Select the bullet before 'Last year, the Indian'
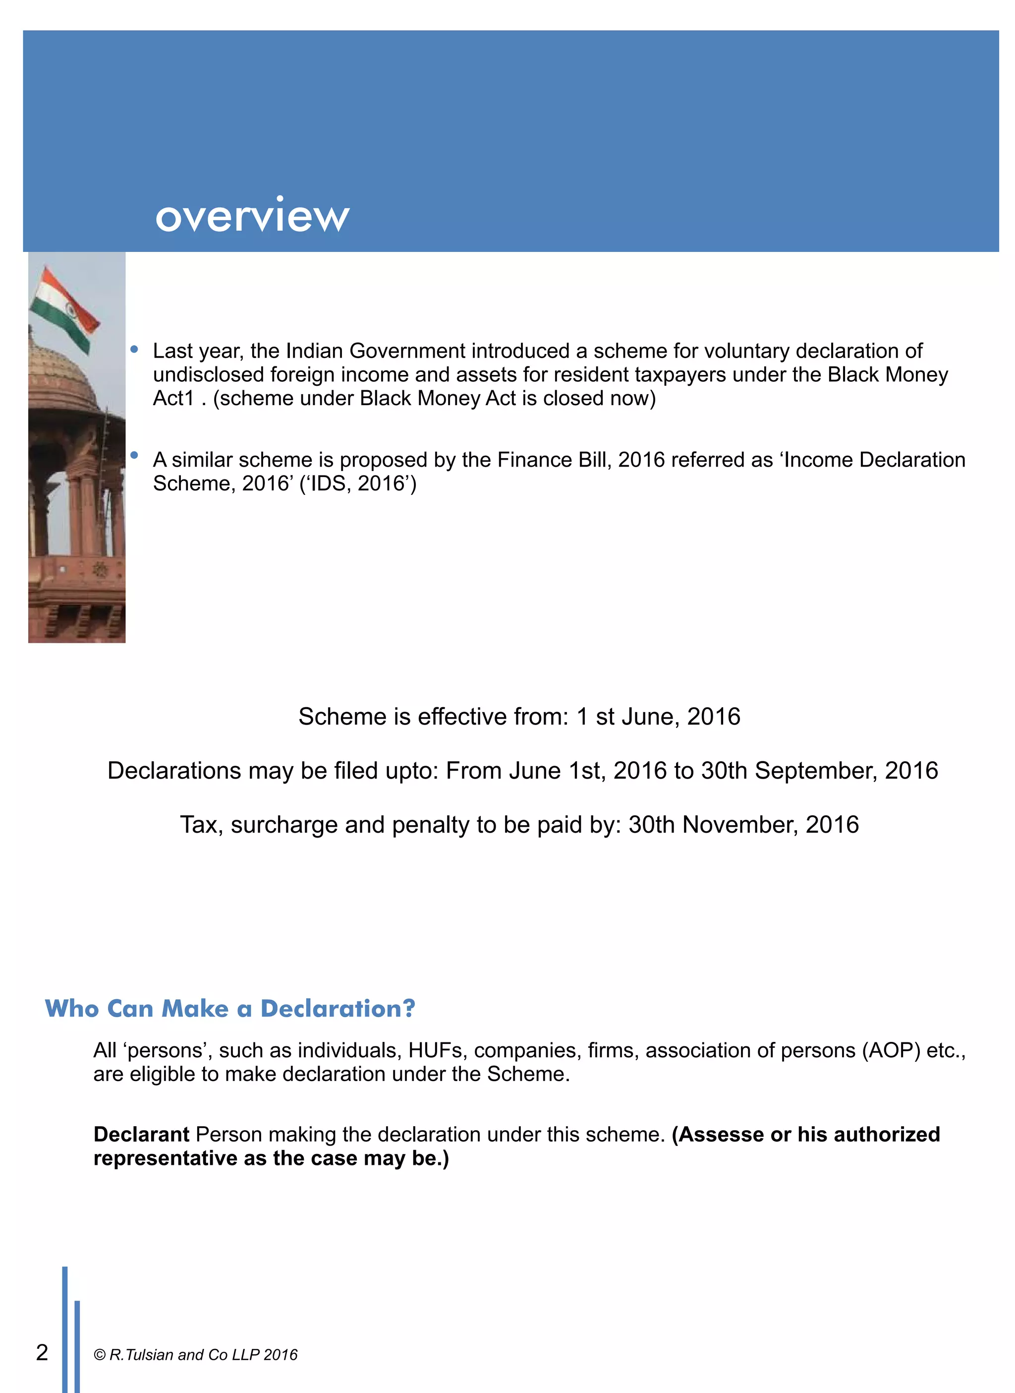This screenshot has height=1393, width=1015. pos(134,350)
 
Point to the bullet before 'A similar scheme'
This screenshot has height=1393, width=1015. pos(134,456)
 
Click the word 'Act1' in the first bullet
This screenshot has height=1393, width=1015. pos(173,398)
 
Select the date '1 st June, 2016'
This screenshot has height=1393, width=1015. pos(658,717)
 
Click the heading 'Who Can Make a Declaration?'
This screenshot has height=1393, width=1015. pos(230,1009)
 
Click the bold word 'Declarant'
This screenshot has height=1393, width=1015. pos(141,1134)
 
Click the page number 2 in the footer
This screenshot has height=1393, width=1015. pos(42,1352)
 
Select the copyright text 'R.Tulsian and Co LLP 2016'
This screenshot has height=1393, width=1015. pos(203,1355)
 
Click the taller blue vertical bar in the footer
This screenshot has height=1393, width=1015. pos(64,1328)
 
